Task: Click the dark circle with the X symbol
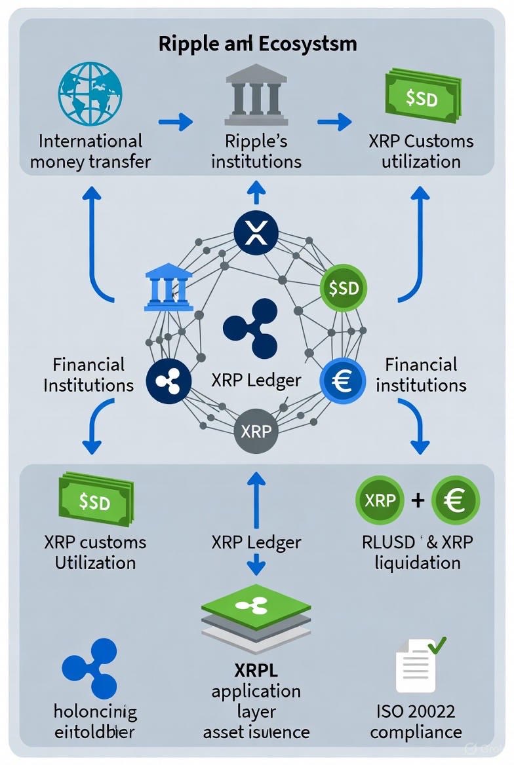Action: (x=256, y=233)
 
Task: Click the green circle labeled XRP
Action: (x=380, y=501)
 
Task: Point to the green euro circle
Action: (x=456, y=501)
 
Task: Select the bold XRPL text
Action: (x=256, y=671)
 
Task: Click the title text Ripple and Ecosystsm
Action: (x=258, y=44)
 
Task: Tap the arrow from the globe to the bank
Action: (x=175, y=121)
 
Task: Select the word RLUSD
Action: (x=388, y=542)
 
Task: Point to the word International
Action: (x=90, y=141)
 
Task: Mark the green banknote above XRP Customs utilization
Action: (x=420, y=98)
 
